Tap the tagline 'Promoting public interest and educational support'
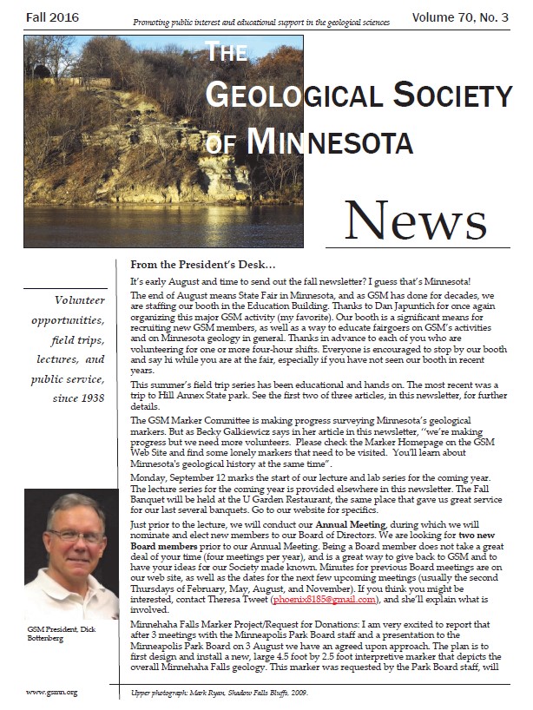[260, 19]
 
